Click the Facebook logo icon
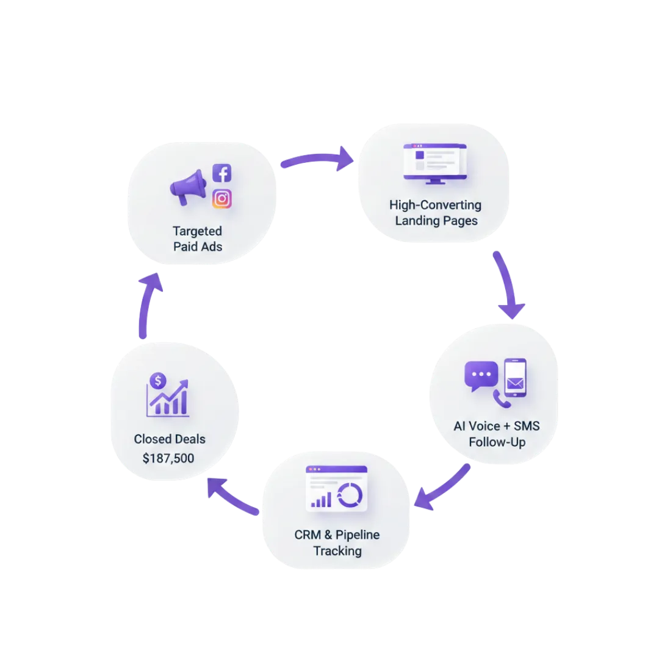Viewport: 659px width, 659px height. click(221, 173)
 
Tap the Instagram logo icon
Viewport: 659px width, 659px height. click(221, 199)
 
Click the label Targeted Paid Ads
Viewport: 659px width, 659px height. click(197, 239)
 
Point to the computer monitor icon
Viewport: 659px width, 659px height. click(434, 162)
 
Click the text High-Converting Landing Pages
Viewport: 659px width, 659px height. click(436, 212)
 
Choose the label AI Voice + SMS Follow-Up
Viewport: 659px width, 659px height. click(497, 433)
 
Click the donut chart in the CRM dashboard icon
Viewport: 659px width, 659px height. click(350, 495)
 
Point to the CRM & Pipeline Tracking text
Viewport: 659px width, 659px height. click(337, 542)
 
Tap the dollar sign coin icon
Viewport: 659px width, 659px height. click(158, 381)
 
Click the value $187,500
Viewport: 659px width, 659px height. click(168, 458)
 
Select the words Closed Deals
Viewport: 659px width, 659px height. click(170, 439)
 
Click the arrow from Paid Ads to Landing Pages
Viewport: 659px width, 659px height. click(317, 159)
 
